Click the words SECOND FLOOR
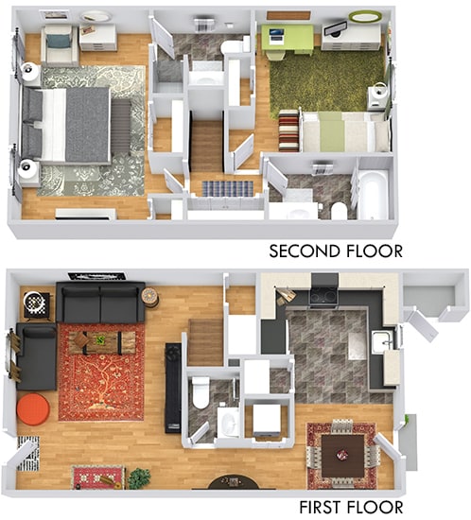(x=336, y=251)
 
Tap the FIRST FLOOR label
(x=351, y=508)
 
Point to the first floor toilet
(x=201, y=391)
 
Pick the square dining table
(x=341, y=452)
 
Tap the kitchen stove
(x=323, y=293)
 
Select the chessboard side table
(x=35, y=303)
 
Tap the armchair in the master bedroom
(x=59, y=42)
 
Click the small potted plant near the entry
(x=140, y=477)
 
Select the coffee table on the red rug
(x=100, y=342)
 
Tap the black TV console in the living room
(x=173, y=388)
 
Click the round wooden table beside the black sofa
(x=150, y=296)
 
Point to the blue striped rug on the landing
(x=228, y=188)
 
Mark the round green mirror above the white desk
(x=362, y=16)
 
